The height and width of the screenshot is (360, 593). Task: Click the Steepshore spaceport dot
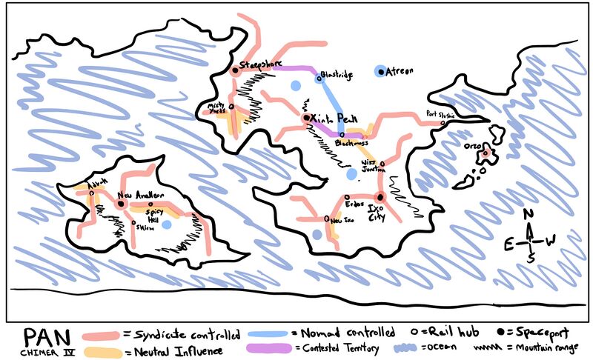coord(235,70)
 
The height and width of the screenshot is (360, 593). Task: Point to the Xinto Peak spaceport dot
coord(305,118)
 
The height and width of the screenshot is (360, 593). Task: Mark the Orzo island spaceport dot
coord(487,155)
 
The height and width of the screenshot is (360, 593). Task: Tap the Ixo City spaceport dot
coord(380,196)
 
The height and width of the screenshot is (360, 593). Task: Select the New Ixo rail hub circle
coord(327,219)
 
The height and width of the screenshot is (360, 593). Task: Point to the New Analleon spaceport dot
coord(120,203)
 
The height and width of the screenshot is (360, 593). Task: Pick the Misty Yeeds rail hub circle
coord(231,106)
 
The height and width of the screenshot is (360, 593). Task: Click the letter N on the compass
coord(529,215)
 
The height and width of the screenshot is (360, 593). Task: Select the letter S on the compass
coord(531,259)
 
